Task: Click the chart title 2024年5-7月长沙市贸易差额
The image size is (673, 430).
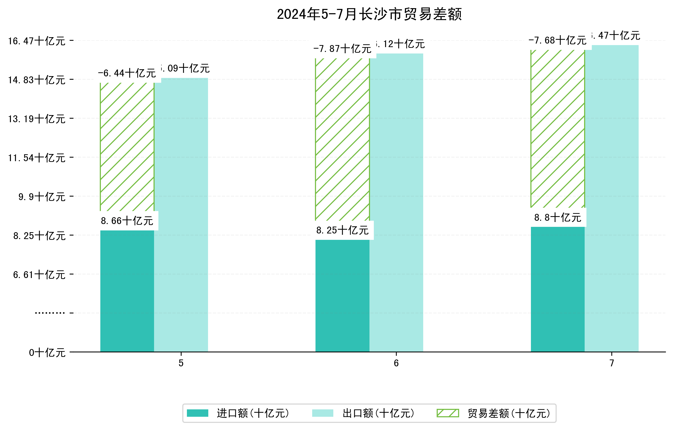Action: point(369,14)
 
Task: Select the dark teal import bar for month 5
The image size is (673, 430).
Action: point(127,291)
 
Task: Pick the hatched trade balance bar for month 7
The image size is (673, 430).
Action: point(558,129)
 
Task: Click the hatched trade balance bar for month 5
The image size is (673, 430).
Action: point(127,147)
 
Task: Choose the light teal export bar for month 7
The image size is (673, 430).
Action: point(612,198)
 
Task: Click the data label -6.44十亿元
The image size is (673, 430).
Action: point(127,74)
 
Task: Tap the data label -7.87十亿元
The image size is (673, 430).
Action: point(342,49)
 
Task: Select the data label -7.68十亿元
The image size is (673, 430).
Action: point(557,40)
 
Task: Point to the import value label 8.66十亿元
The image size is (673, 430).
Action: point(127,221)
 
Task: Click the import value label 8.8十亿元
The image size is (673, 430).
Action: point(558,217)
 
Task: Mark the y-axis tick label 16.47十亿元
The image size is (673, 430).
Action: point(37,41)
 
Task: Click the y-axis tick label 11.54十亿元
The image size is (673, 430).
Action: point(37,158)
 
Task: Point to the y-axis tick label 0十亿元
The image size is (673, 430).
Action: point(47,353)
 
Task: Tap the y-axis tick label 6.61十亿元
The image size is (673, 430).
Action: point(39,275)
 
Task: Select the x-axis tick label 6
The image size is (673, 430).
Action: point(396,363)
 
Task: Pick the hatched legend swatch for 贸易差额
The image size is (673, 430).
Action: point(448,413)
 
